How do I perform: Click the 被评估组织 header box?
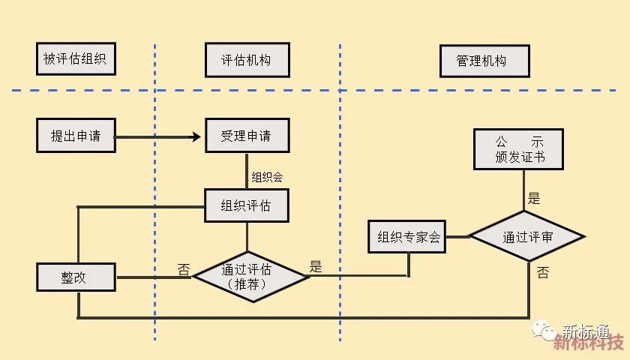tap(76, 60)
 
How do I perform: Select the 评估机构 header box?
tap(247, 60)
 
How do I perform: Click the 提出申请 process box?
tap(76, 136)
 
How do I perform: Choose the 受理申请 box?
tap(247, 136)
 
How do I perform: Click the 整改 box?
tap(76, 277)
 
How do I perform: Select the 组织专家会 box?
tap(404, 238)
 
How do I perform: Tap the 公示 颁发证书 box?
tap(520, 148)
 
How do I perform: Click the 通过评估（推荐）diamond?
tap(250, 276)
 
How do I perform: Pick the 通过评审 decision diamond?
tap(527, 236)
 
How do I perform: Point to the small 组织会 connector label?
tap(267, 177)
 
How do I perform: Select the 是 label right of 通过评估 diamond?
tap(316, 266)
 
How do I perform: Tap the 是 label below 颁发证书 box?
tap(534, 199)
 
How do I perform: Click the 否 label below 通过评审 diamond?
tap(542, 273)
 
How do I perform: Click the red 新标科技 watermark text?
tap(589, 345)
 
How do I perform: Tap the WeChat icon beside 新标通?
tap(544, 331)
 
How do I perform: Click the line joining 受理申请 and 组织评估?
tap(247, 171)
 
